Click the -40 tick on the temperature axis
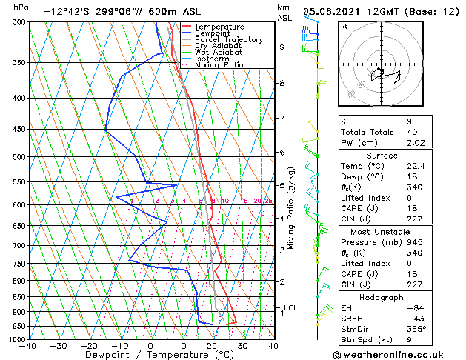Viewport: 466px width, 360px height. pyautogui.click(x=28, y=346)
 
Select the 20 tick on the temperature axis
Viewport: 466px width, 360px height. pyautogui.click(x=212, y=346)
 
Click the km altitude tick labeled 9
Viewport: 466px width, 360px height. pyautogui.click(x=282, y=47)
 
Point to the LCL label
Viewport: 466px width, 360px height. pyautogui.click(x=291, y=308)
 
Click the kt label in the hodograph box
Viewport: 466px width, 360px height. pyautogui.click(x=344, y=26)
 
